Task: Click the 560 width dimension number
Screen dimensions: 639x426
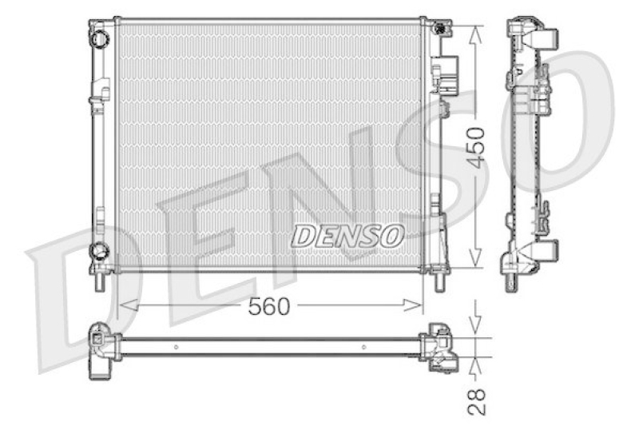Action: point(269,307)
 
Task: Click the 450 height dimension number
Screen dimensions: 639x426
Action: point(475,148)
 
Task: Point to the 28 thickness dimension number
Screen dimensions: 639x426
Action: point(476,402)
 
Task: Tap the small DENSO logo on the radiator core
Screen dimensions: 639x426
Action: point(347,236)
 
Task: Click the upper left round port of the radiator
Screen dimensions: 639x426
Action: point(99,38)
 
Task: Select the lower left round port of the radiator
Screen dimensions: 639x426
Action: point(99,250)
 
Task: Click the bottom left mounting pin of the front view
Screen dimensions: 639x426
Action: point(100,281)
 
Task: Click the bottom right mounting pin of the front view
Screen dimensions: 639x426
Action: point(440,281)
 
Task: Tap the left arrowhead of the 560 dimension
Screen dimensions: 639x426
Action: point(128,305)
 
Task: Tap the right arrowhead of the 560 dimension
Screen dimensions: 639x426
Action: point(412,305)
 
